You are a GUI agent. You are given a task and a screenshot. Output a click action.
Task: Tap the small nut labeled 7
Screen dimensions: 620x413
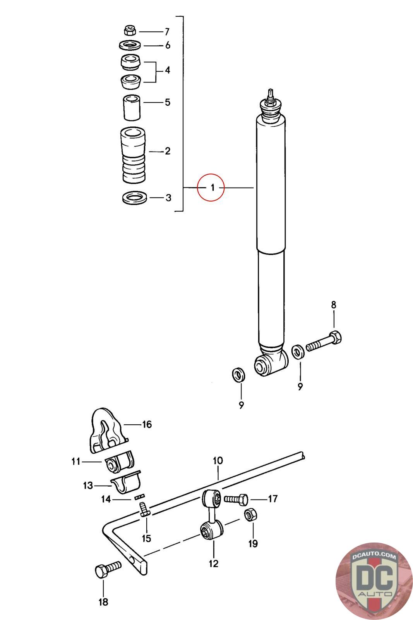(x=130, y=30)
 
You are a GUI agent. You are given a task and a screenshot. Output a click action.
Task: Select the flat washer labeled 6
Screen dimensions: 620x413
(x=129, y=45)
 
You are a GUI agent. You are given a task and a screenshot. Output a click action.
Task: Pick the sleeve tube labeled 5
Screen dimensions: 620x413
(x=132, y=108)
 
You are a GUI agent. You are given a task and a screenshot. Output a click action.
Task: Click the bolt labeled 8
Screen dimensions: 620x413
(x=325, y=341)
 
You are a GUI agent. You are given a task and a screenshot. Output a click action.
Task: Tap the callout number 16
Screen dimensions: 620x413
(x=147, y=424)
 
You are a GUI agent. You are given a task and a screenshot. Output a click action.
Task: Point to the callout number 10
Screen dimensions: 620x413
(x=218, y=461)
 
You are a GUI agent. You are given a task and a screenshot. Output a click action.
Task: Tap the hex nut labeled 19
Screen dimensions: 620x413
(x=250, y=515)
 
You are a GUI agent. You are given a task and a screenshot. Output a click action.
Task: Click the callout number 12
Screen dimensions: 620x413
(x=213, y=563)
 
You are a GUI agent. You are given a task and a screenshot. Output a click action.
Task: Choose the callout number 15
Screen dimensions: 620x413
(x=146, y=538)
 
